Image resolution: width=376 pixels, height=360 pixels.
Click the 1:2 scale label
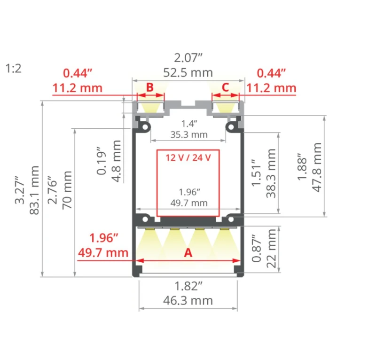[14, 69]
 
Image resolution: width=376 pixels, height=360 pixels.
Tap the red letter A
[188, 253]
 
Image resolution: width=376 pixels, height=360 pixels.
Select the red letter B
[150, 87]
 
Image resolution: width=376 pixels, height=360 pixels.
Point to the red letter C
[226, 87]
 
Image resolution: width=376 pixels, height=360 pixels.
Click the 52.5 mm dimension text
[188, 73]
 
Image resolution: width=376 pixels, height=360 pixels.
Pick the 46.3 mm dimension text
[188, 300]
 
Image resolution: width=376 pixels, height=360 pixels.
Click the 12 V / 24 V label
[188, 158]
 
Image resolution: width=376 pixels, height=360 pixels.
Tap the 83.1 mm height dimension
[34, 190]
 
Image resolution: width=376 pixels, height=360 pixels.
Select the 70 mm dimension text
[67, 190]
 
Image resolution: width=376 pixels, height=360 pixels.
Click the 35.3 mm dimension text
[189, 135]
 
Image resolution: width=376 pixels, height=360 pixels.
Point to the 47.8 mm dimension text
[316, 167]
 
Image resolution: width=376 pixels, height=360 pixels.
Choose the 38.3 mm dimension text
[271, 173]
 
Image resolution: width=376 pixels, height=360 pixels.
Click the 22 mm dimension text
[272, 249]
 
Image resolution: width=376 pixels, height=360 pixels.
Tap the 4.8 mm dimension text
[117, 161]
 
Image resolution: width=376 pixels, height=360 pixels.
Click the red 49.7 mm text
[103, 253]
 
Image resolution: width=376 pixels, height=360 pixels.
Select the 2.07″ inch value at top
[188, 58]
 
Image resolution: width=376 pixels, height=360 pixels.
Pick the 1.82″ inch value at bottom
[188, 286]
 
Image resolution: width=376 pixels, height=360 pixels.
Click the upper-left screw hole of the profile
[145, 126]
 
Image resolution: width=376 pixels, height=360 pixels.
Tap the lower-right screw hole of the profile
[231, 219]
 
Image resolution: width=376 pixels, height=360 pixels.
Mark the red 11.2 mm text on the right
[272, 88]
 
